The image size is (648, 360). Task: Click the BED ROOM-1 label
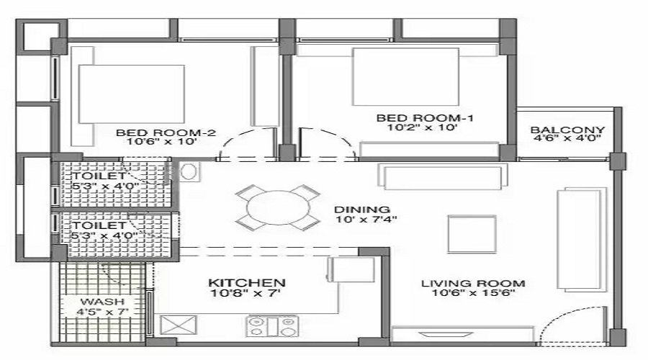[425, 118]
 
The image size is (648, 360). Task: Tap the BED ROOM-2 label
[166, 132]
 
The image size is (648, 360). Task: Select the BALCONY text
[567, 130]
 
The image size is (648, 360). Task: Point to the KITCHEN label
[247, 283]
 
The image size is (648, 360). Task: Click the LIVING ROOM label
[473, 284]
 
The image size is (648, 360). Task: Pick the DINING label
[362, 210]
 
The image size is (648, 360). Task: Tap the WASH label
[102, 301]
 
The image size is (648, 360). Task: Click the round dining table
[278, 207]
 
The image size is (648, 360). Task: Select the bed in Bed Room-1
[405, 76]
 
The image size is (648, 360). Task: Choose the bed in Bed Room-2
[132, 94]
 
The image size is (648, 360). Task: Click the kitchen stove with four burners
[272, 327]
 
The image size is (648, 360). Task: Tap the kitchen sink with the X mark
[178, 325]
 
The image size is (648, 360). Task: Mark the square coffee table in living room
[472, 234]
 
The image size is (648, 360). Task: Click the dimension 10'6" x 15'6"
[473, 294]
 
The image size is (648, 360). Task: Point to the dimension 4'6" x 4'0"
[567, 138]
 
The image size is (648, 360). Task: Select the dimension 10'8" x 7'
[246, 293]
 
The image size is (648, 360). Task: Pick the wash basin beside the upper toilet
[189, 171]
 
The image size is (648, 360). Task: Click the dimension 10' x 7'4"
[366, 219]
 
